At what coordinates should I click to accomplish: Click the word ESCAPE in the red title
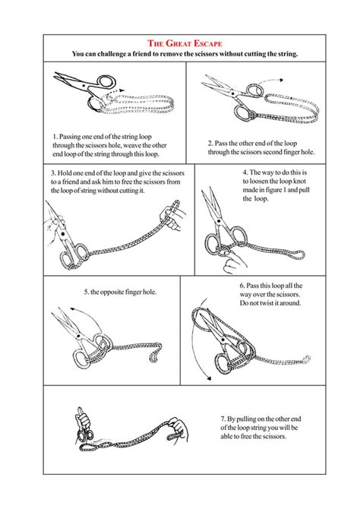tap(201, 44)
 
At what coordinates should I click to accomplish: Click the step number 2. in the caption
tap(210, 143)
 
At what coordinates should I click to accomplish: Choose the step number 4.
tap(245, 172)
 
